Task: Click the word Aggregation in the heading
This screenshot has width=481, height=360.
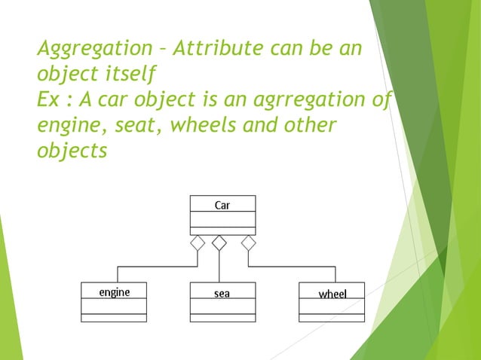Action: tap(93, 50)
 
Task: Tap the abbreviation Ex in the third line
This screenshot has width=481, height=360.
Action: tap(50, 99)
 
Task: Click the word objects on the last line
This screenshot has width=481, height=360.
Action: tap(72, 150)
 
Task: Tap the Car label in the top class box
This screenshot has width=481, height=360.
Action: tap(222, 204)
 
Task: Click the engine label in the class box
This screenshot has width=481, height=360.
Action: tap(115, 292)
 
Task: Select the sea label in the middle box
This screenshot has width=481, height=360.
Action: tap(222, 293)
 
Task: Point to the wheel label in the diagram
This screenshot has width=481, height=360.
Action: tap(332, 293)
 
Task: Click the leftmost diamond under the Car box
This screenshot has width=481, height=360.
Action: tap(198, 243)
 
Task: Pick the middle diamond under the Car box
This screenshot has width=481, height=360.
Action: tap(219, 243)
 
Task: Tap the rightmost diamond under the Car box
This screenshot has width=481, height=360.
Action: tap(248, 243)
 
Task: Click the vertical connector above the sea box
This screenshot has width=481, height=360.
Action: tap(219, 267)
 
